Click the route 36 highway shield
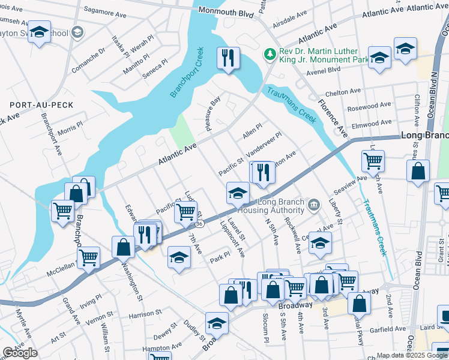[200, 224]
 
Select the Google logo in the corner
[20, 353]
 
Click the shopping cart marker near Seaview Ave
[373, 161]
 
